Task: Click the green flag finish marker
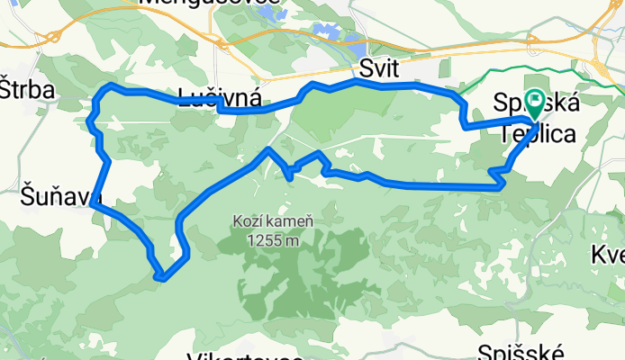click(534, 103)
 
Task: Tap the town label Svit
click(378, 69)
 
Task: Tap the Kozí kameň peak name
click(271, 221)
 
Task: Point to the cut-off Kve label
click(608, 254)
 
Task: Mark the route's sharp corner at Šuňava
click(93, 205)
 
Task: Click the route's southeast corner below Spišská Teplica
click(501, 185)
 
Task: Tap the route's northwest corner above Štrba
click(109, 85)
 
